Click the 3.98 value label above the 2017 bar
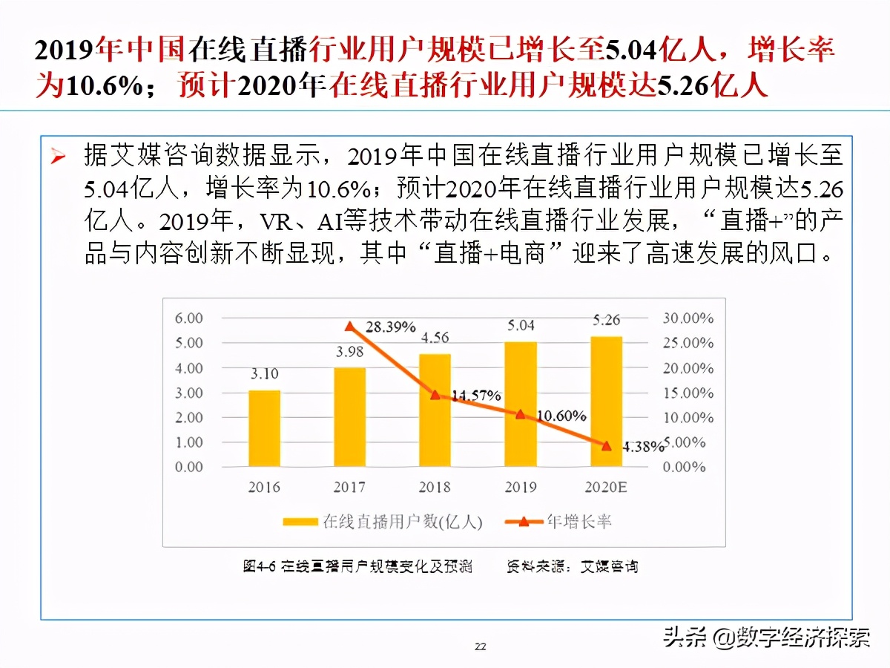click(349, 352)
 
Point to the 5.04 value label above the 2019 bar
click(521, 325)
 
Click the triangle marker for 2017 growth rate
click(349, 327)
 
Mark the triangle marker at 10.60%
click(521, 414)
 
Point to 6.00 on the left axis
click(188, 318)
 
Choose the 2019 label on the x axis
click(521, 487)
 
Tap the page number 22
click(481, 646)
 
